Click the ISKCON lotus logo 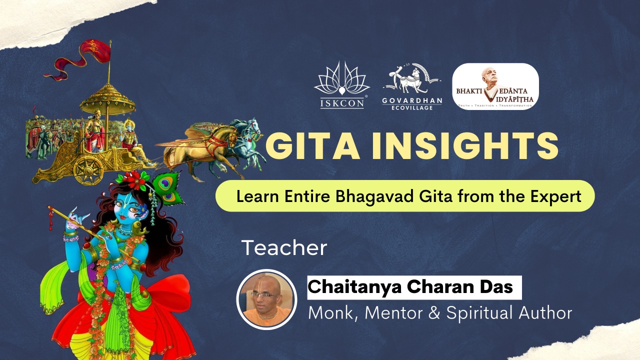pyautogui.click(x=342, y=85)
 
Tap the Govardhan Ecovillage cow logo pyautogui.click(x=412, y=86)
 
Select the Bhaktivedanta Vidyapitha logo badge pyautogui.click(x=495, y=86)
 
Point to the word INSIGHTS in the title pyautogui.click(x=465, y=146)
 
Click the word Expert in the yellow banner pyautogui.click(x=555, y=197)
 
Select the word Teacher pyautogui.click(x=284, y=247)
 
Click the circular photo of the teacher pyautogui.click(x=267, y=299)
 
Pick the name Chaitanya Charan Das pyautogui.click(x=410, y=286)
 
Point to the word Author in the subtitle pyautogui.click(x=545, y=313)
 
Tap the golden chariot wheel pyautogui.click(x=88, y=170)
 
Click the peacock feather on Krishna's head pyautogui.click(x=167, y=188)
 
